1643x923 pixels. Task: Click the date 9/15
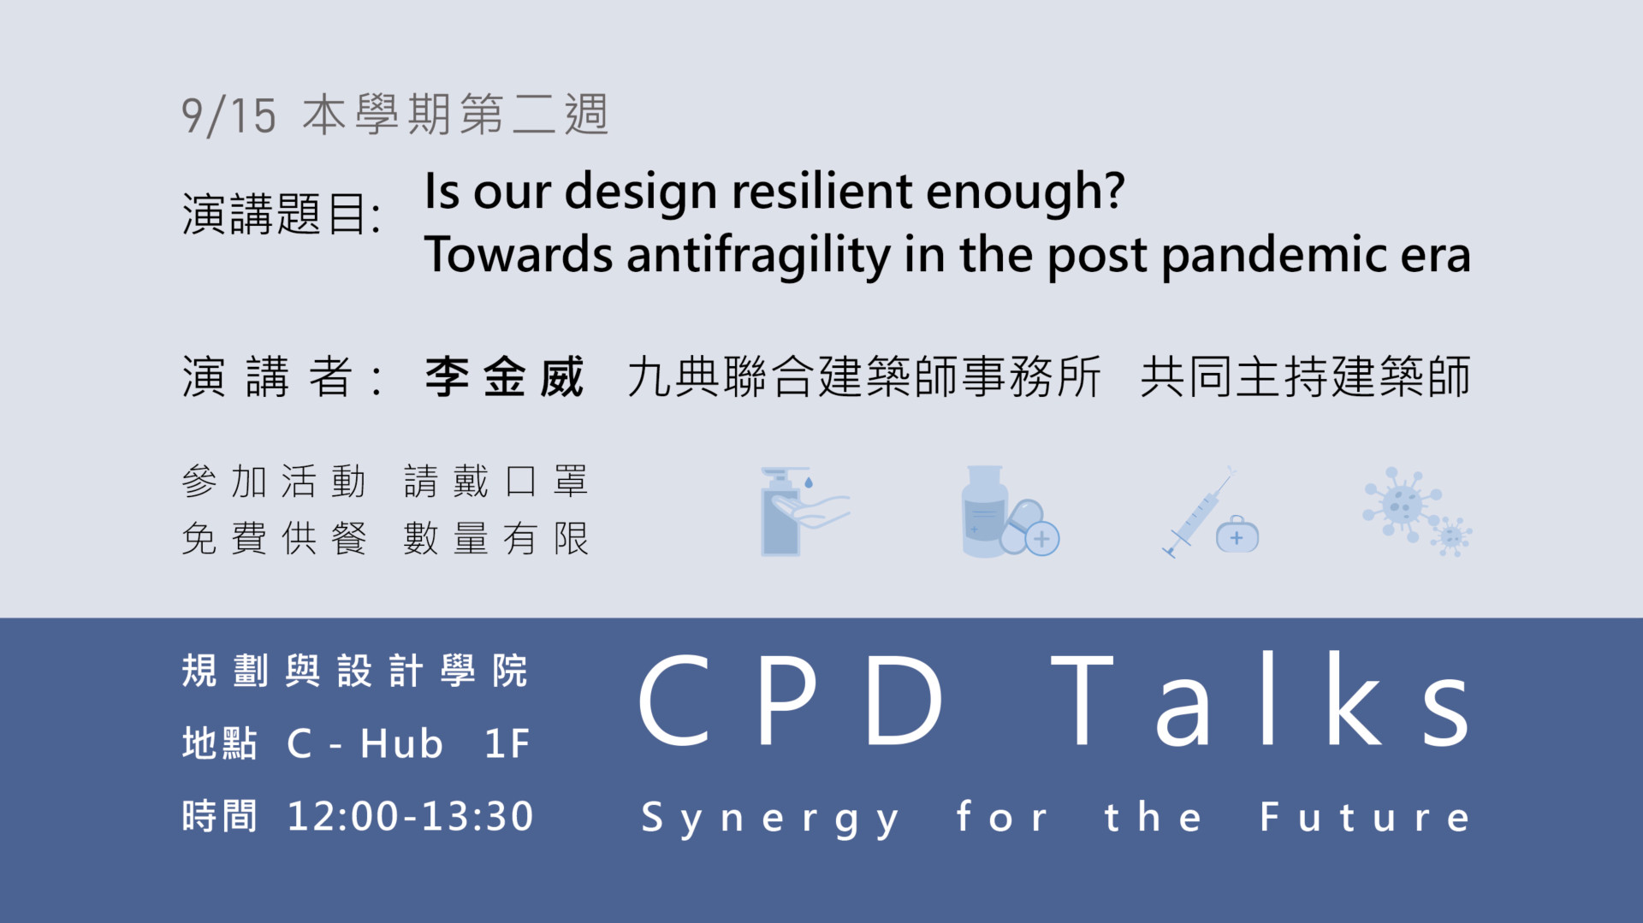[x=228, y=115]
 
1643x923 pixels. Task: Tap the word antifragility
[x=759, y=256]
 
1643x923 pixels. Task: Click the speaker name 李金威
[x=504, y=376]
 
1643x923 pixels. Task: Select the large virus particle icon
[x=1402, y=504]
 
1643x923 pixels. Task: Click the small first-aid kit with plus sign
[x=1237, y=535]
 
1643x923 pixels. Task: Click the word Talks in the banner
[x=1260, y=700]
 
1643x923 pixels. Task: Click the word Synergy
[x=770, y=819]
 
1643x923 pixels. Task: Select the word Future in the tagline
[x=1365, y=817]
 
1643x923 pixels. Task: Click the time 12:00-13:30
[x=410, y=816]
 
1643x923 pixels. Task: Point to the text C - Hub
[x=365, y=743]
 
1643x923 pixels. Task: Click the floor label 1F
[x=507, y=743]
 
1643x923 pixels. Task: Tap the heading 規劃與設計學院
[x=354, y=671]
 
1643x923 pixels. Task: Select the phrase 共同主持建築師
[x=1305, y=377]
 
